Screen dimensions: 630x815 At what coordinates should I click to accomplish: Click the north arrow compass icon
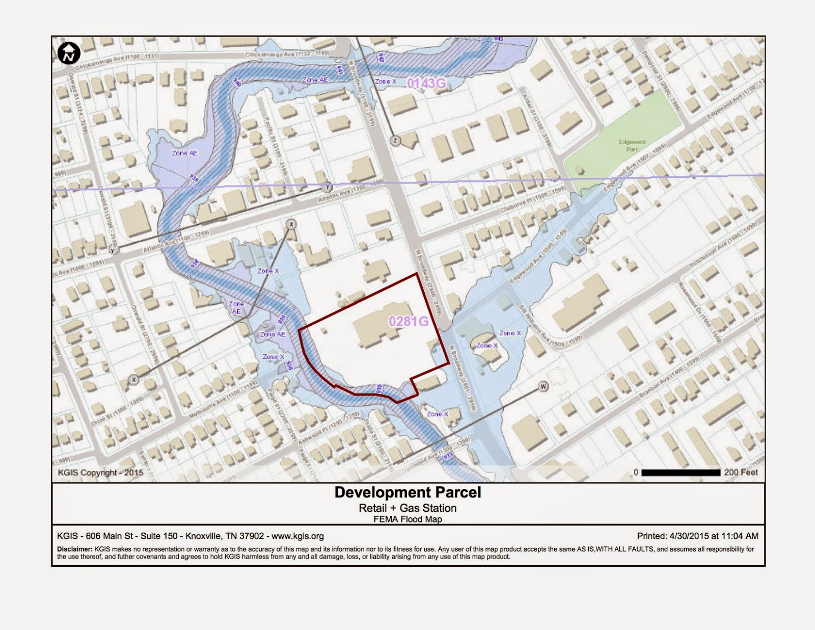tap(68, 53)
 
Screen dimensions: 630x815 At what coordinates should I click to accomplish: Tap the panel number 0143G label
tap(426, 83)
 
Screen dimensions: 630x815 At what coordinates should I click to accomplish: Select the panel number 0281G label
tap(408, 321)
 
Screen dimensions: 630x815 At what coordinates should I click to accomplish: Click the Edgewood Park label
tap(632, 145)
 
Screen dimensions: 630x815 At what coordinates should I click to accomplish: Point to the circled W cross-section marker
tap(544, 386)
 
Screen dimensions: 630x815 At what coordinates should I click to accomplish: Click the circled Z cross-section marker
tap(396, 141)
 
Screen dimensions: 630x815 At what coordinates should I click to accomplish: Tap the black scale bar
tap(681, 472)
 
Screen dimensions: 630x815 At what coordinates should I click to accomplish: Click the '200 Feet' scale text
tap(741, 472)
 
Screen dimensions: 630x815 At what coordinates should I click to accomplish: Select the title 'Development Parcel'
tap(407, 492)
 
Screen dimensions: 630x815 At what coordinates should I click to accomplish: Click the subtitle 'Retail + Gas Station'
tap(407, 508)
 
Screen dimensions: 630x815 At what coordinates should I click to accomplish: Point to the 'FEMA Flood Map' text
tap(407, 519)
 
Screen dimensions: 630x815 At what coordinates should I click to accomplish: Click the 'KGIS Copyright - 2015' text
tap(100, 472)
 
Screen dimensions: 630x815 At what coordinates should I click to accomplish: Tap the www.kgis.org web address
tap(297, 536)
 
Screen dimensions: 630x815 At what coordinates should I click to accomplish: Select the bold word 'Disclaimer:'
tap(74, 549)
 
